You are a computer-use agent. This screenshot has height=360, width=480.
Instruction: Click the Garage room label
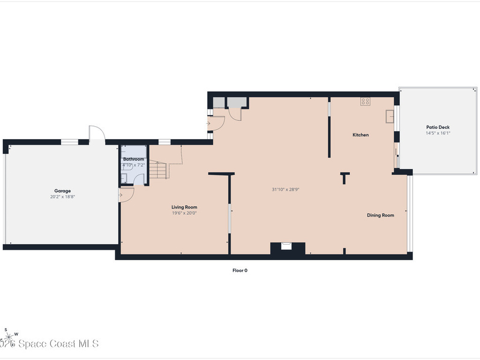62,191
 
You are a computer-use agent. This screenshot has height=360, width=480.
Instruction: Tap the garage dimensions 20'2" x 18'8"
62,197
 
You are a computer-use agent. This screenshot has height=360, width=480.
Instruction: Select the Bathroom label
134,159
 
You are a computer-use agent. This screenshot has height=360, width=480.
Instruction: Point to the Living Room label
184,207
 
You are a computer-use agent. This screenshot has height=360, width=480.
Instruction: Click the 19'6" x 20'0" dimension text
184,213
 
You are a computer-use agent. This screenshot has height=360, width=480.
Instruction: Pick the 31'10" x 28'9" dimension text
285,189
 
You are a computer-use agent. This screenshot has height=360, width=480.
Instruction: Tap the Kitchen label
360,135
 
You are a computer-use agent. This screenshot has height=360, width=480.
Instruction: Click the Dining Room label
380,215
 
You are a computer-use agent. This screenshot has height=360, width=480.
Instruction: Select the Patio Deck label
438,127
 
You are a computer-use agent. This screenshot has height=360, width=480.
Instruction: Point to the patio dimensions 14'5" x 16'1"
438,133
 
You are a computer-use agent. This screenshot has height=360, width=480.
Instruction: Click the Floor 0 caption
240,270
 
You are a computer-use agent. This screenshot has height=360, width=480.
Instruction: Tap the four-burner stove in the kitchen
365,101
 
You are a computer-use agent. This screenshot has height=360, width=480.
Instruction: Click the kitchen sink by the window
390,116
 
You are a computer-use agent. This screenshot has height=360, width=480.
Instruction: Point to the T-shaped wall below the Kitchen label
345,178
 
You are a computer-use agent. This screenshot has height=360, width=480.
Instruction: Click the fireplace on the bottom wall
287,247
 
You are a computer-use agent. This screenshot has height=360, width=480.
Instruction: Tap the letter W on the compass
16,334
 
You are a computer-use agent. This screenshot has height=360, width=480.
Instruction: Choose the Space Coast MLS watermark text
52,344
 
